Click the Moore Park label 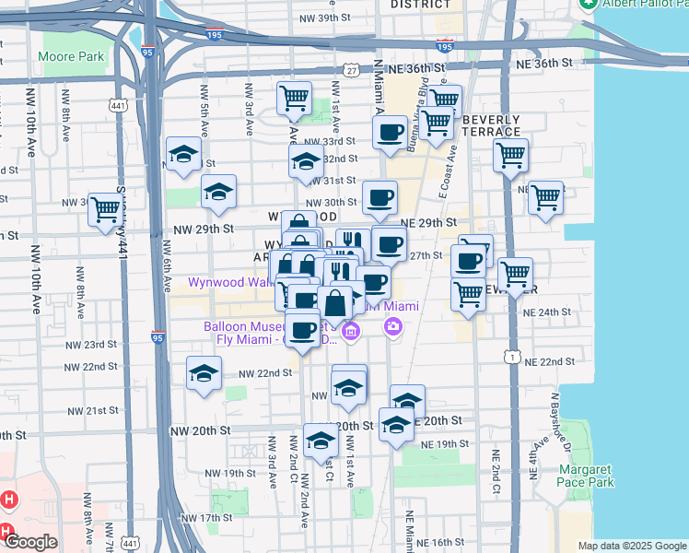(x=71, y=56)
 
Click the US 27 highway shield (x=351, y=70)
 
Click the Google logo (x=31, y=542)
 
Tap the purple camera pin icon (x=393, y=325)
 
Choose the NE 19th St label (x=439, y=444)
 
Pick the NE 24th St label (x=541, y=312)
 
